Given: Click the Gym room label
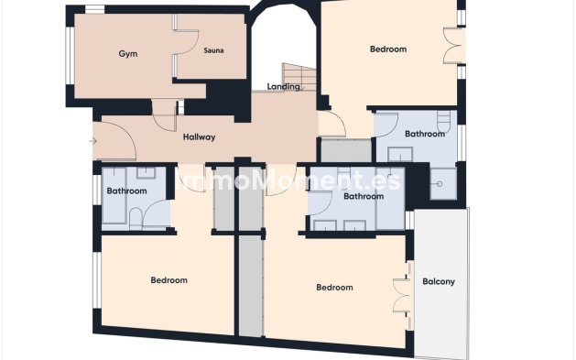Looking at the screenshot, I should [x=127, y=54].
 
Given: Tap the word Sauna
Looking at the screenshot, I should [x=213, y=50].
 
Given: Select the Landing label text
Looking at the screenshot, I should [x=283, y=87].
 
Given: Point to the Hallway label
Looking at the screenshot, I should [x=199, y=137].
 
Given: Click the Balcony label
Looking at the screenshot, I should [x=439, y=281].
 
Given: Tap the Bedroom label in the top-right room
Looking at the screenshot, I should [x=387, y=49].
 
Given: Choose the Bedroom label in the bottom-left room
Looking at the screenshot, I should [x=168, y=280].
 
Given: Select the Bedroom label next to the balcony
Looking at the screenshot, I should [x=334, y=288].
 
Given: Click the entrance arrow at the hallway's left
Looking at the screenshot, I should [x=92, y=141].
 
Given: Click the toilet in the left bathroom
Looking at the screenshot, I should [x=136, y=217].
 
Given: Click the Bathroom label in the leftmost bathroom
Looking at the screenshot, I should [x=126, y=191].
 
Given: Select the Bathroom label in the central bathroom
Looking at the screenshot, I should [x=363, y=196].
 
